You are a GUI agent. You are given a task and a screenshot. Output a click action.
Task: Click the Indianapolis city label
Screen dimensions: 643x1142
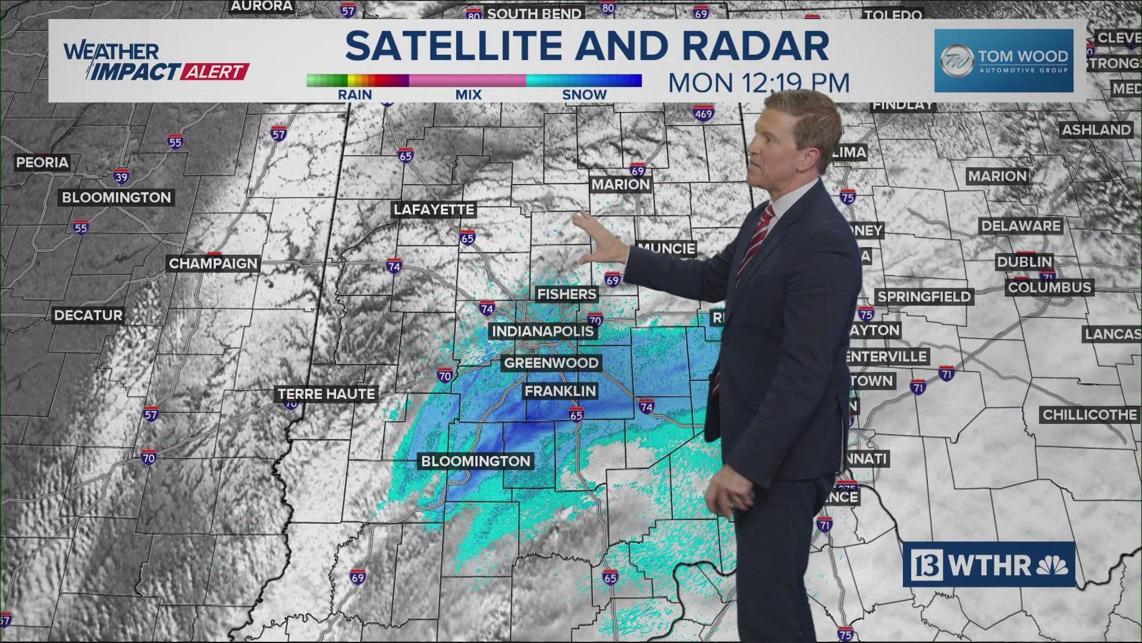[x=542, y=331]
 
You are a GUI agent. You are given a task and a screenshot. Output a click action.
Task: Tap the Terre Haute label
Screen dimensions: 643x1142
[x=327, y=394]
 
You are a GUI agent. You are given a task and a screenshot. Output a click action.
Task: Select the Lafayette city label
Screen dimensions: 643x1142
[x=434, y=210]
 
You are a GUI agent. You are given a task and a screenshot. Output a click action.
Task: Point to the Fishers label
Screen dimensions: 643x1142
[x=566, y=294]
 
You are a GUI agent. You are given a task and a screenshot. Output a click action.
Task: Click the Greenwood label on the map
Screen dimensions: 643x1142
[x=551, y=363]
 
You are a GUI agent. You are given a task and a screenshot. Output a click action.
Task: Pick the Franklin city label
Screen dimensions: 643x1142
[x=560, y=391]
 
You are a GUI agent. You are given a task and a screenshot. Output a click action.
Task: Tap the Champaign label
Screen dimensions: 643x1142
[x=213, y=263]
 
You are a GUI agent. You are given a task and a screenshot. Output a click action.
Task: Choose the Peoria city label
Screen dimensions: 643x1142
[x=42, y=163]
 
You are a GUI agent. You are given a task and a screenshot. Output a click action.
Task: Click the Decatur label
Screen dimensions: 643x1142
[x=88, y=315]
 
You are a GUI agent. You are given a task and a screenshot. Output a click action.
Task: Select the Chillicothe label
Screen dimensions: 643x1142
[x=1090, y=415]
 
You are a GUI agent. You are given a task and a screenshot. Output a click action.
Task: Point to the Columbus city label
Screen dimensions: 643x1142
[x=1049, y=288]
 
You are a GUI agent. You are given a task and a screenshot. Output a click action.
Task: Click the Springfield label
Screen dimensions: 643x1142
[x=924, y=296]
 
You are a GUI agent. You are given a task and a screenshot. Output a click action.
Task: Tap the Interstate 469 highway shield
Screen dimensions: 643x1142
[x=703, y=114]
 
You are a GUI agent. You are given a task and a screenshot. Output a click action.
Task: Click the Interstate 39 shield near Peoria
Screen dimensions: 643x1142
[x=121, y=177]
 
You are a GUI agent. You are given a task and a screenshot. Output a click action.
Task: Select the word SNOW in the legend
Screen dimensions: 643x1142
[x=584, y=95]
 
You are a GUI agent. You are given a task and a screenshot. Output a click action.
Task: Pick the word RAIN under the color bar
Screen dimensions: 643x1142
[x=354, y=95]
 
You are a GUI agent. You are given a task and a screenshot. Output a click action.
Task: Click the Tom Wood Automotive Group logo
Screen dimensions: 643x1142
[x=1003, y=61]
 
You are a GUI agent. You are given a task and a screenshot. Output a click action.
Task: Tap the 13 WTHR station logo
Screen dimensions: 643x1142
[x=989, y=564]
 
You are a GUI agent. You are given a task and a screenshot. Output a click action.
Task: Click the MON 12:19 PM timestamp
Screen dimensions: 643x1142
[x=758, y=83]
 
